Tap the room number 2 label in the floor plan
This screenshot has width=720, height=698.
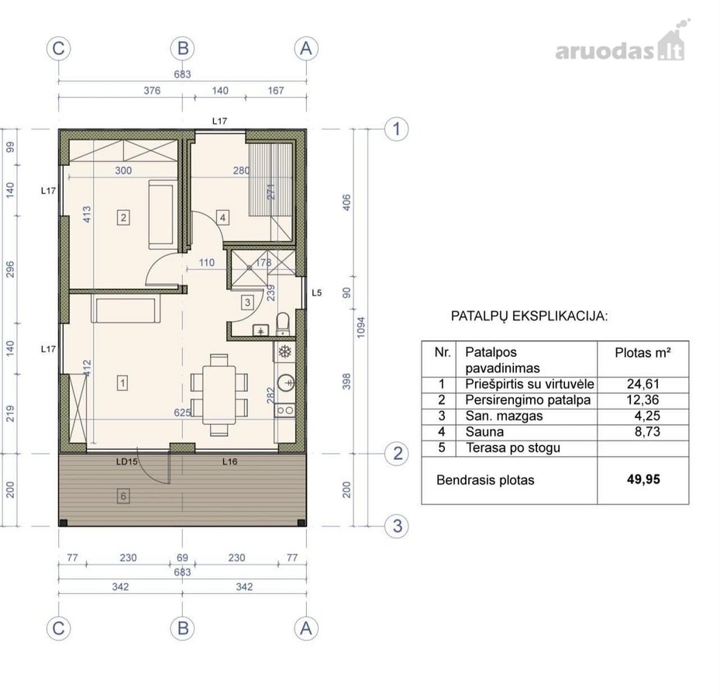123,217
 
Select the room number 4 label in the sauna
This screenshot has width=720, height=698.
222,217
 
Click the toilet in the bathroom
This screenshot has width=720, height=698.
283,324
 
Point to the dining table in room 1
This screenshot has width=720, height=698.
219,395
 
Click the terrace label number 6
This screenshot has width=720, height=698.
122,496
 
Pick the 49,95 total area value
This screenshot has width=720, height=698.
643,480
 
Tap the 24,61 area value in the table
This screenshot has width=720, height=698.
642,384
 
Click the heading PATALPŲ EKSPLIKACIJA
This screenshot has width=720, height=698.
529,316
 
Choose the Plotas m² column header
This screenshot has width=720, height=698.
642,353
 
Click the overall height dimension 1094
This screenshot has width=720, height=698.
361,327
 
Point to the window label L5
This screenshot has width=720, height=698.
317,292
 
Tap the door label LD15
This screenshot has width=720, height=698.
127,461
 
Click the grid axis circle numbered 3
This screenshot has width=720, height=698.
397,526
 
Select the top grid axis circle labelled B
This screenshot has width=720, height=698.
182,48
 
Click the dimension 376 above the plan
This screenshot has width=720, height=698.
152,91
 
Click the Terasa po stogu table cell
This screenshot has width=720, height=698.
513,448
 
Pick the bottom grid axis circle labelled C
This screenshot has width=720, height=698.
58,628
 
